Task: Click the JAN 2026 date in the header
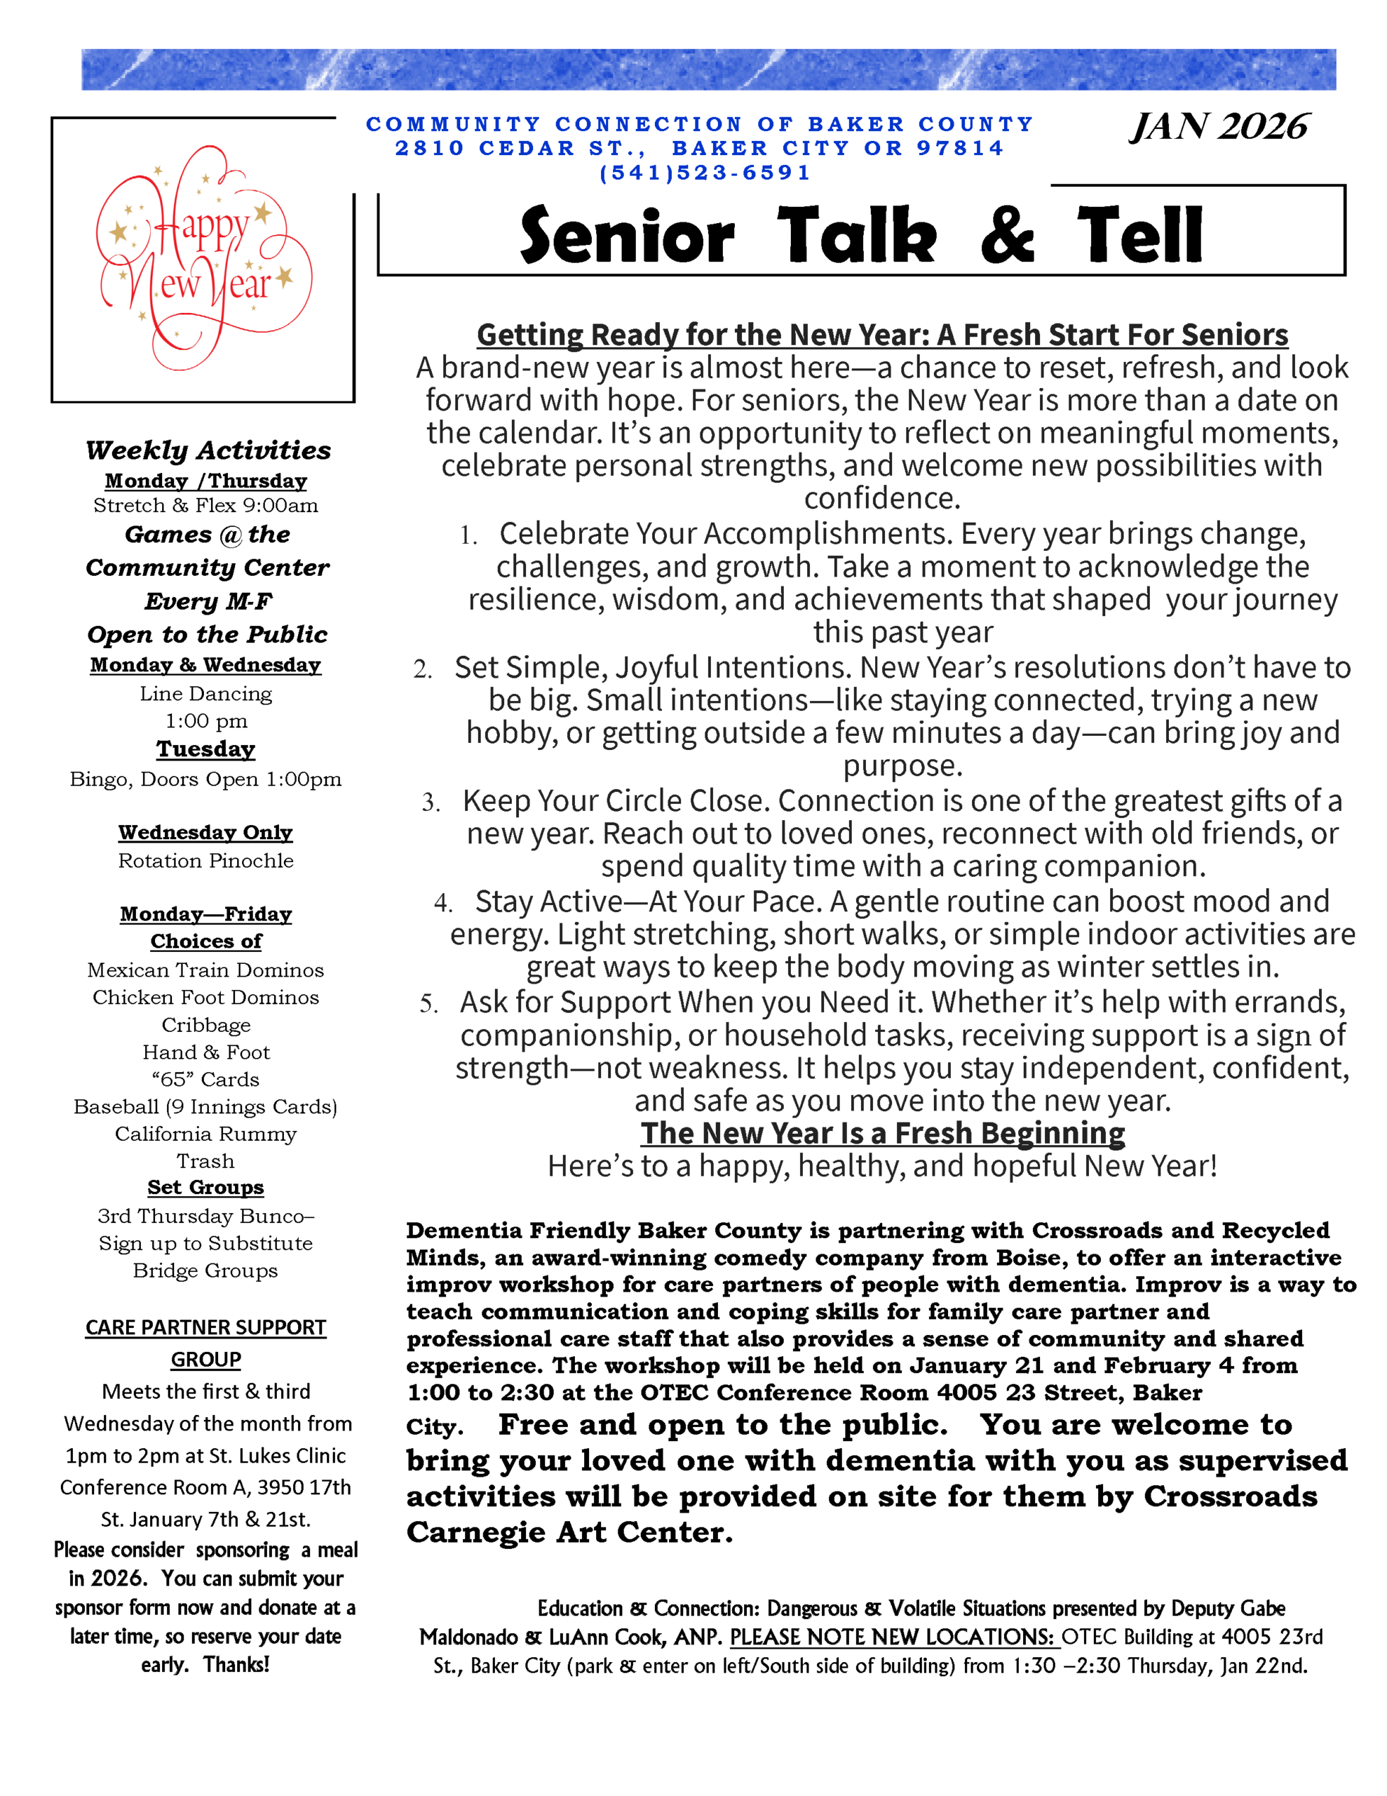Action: click(1219, 128)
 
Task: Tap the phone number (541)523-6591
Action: click(705, 173)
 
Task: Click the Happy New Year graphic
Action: click(203, 259)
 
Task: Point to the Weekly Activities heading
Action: click(208, 450)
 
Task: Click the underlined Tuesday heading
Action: click(205, 749)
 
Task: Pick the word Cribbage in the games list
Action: click(205, 1025)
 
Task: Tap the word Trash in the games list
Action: click(205, 1160)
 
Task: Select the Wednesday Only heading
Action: click(205, 832)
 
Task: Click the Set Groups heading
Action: click(205, 1188)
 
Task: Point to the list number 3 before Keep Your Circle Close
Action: click(430, 803)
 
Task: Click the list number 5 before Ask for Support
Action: click(428, 1004)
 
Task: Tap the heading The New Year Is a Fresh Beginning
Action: click(882, 1133)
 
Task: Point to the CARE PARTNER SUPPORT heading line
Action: click(205, 1328)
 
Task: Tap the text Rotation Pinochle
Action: click(205, 860)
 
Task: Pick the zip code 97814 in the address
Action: click(959, 149)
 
